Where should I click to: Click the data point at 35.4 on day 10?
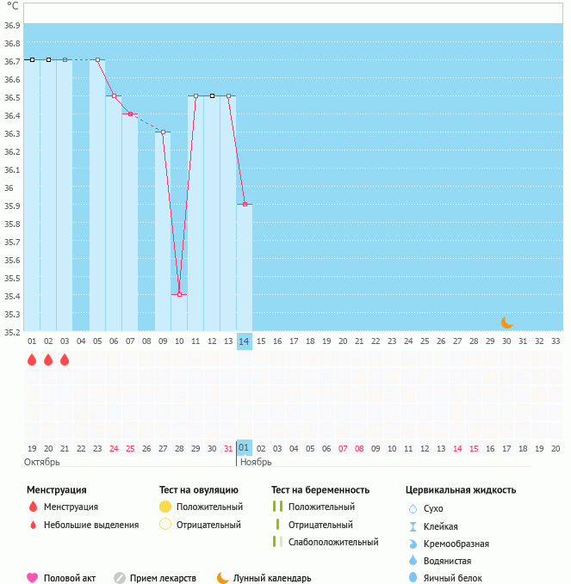[x=179, y=294]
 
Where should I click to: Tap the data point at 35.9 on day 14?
[x=245, y=204]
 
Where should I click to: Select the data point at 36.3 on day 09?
[x=163, y=132]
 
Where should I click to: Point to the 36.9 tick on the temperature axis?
[x=12, y=25]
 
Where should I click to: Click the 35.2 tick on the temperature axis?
[x=12, y=331]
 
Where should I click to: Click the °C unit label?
[x=12, y=6]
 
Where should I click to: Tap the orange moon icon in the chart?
[x=507, y=323]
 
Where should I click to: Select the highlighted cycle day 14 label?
[x=245, y=341]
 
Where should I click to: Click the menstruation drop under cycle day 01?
[x=32, y=360]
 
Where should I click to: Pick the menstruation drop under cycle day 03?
[x=65, y=360]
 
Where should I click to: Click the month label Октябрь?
[x=43, y=462]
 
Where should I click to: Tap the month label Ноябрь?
[x=256, y=462]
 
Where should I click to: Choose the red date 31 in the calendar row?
[x=228, y=448]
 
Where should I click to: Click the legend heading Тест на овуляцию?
[x=199, y=490]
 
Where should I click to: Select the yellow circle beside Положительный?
[x=165, y=507]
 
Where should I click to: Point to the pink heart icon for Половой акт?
[x=33, y=578]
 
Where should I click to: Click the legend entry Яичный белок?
[x=452, y=578]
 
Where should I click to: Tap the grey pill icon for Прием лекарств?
[x=120, y=578]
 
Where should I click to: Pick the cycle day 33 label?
[x=555, y=341]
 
